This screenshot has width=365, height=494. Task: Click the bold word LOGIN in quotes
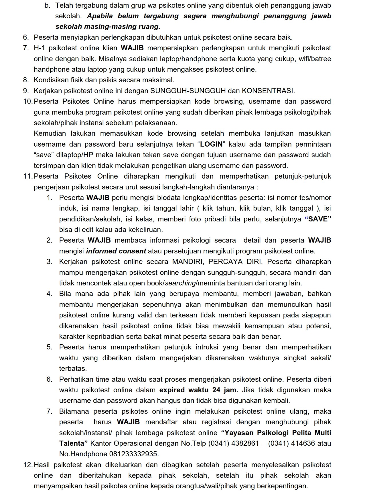pyautogui.click(x=211, y=144)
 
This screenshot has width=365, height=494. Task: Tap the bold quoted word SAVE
pyautogui.click(x=318, y=219)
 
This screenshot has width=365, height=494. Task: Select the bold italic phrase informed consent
pyautogui.click(x=116, y=251)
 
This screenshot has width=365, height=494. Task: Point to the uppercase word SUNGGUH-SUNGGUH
pyautogui.click(x=188, y=91)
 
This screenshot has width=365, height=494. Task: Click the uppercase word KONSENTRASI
pyautogui.click(x=268, y=91)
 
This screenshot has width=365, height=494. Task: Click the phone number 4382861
pyautogui.click(x=246, y=443)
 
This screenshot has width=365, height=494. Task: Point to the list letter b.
pyautogui.click(x=47, y=5)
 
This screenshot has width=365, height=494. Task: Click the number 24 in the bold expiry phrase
pyautogui.click(x=216, y=390)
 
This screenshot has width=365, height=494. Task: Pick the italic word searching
pyautogui.click(x=180, y=283)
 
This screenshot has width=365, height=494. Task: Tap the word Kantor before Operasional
pyautogui.click(x=100, y=443)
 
